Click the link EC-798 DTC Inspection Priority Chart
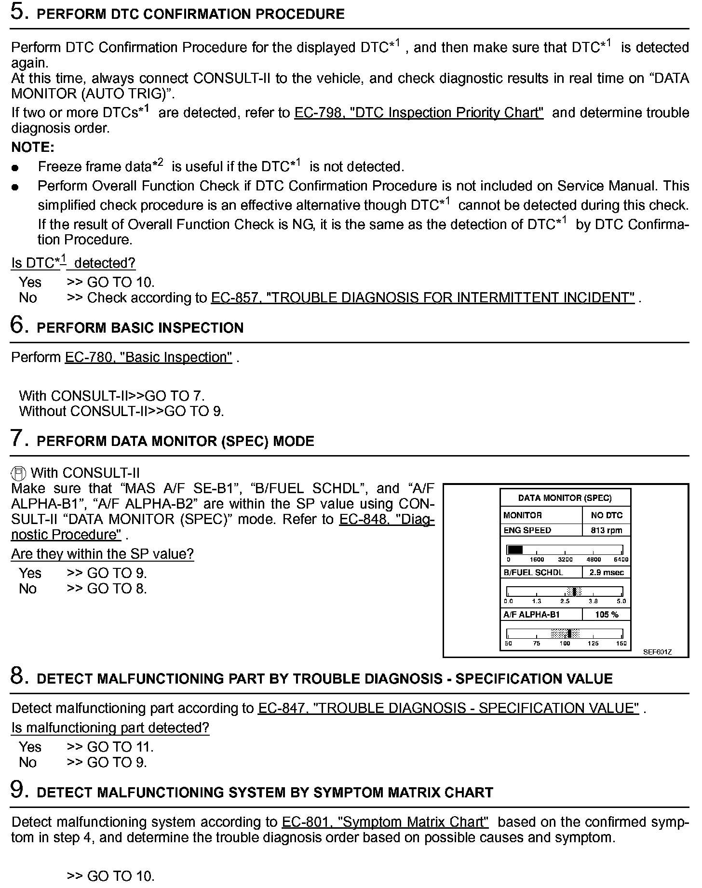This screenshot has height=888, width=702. pyautogui.click(x=418, y=113)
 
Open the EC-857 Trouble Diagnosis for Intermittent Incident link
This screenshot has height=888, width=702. pyautogui.click(x=422, y=298)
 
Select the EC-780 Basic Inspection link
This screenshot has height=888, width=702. pyautogui.click(x=148, y=358)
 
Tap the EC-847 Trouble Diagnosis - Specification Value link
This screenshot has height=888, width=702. pyautogui.click(x=448, y=708)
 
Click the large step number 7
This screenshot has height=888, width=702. pyautogui.click(x=17, y=439)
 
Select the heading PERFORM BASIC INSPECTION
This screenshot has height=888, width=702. pyautogui.click(x=140, y=328)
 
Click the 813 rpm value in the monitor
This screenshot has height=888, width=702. pyautogui.click(x=607, y=530)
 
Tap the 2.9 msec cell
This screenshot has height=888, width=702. pyautogui.click(x=607, y=572)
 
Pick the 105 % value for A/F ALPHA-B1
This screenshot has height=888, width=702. pyautogui.click(x=607, y=615)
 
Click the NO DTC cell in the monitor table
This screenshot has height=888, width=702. pyautogui.click(x=607, y=515)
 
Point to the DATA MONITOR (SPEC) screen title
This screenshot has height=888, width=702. pyautogui.click(x=565, y=498)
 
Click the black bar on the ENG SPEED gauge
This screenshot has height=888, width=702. pyautogui.click(x=515, y=550)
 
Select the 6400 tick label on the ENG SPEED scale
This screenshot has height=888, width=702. pyautogui.click(x=621, y=560)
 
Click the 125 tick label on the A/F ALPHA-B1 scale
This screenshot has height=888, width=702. pyautogui.click(x=593, y=644)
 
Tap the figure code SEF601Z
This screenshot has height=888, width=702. pyautogui.click(x=657, y=652)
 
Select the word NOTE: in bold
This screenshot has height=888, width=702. pyautogui.click(x=33, y=147)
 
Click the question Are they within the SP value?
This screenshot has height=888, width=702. pyautogui.click(x=102, y=554)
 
